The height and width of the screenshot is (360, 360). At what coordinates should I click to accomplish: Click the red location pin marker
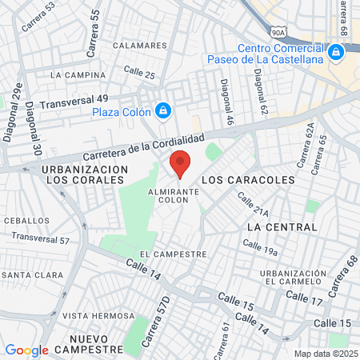[x=180, y=163]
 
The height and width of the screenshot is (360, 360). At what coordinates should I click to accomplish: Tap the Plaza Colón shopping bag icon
[x=163, y=110]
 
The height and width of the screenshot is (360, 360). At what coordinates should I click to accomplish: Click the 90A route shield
[x=278, y=33]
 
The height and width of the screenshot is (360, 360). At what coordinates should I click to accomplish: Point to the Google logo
[x=26, y=350]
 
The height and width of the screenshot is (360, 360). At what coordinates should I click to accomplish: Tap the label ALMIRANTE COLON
[x=169, y=195]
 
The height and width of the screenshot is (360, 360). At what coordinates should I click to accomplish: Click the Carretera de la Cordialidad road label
[x=138, y=145]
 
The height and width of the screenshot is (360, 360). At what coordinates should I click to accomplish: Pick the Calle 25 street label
[x=140, y=73]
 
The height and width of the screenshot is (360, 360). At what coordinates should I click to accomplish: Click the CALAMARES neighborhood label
[x=138, y=46]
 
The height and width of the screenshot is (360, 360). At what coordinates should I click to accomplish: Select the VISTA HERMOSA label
[x=98, y=315]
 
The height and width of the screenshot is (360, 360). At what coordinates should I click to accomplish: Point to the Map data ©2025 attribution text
[x=326, y=353]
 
